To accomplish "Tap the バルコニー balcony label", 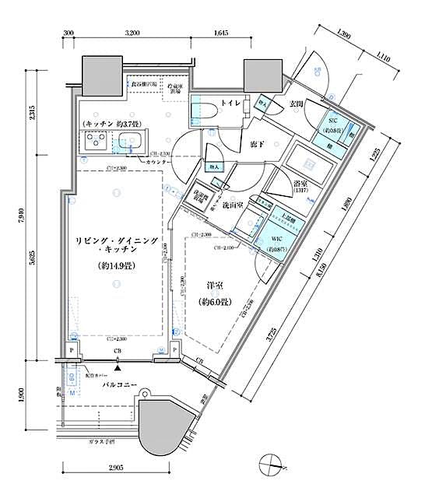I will pos(119,384).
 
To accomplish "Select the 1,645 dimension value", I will pos(220,33).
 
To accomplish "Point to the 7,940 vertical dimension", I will pos(32,208).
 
